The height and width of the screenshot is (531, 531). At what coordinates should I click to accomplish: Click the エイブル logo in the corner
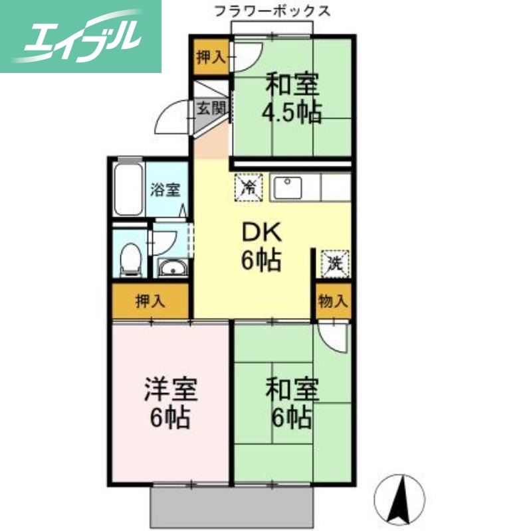point(80,37)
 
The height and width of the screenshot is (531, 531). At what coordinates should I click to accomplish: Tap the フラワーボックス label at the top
point(270,11)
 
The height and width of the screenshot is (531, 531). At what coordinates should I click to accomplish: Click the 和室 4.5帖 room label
point(292,98)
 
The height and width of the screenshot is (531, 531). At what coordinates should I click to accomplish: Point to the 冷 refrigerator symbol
point(247,187)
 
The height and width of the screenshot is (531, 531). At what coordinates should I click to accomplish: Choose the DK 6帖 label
point(261,246)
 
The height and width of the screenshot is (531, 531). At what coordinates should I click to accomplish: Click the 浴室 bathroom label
point(164,190)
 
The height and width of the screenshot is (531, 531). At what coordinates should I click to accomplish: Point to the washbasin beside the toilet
point(173,268)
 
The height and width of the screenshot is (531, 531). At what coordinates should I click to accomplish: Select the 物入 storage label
point(333,301)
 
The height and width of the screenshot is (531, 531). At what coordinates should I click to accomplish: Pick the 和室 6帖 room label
point(292,402)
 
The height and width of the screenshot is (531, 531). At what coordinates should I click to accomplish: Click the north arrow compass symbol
point(400,498)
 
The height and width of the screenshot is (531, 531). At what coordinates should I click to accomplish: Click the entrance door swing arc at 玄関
point(177,118)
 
